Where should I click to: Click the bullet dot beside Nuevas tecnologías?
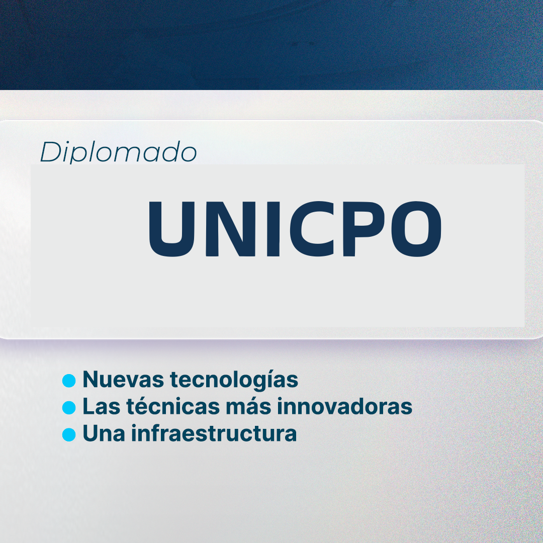[x=69, y=381]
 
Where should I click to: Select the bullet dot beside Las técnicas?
[x=69, y=407]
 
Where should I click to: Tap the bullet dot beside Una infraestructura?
[x=69, y=434]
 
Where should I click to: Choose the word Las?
[x=100, y=407]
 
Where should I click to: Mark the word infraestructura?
[x=214, y=433]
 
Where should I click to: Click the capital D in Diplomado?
[x=49, y=152]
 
